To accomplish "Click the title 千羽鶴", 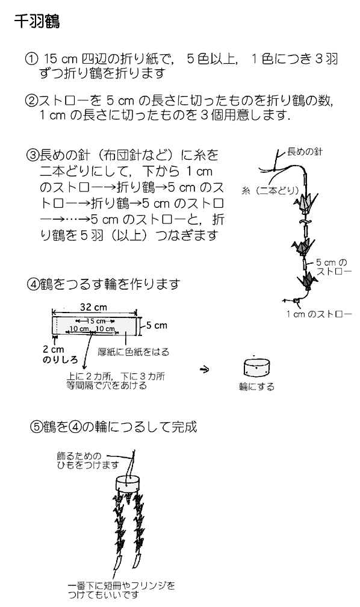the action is pos(37,21).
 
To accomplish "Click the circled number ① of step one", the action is pos(31,59).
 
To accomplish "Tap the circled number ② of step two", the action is pos(31,101).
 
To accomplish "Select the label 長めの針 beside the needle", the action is pos(305,152).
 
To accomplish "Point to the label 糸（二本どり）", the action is pos(270,190).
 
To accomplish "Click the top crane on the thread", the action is pos(306,204).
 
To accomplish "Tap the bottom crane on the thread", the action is pos(308,280).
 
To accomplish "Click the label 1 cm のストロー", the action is pos(319,314).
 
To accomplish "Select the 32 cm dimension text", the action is pos(93,307).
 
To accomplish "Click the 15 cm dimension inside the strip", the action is pos(96,321).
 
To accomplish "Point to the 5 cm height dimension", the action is pos(157,326).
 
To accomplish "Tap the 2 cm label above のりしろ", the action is pos(54,349).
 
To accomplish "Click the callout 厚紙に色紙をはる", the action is pos(133,352).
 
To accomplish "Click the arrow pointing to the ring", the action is pos(205,369).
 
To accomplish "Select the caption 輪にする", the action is pos(256,387).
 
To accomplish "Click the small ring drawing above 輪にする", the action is pos(257,367).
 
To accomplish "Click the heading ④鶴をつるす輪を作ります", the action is pos(104,284).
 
